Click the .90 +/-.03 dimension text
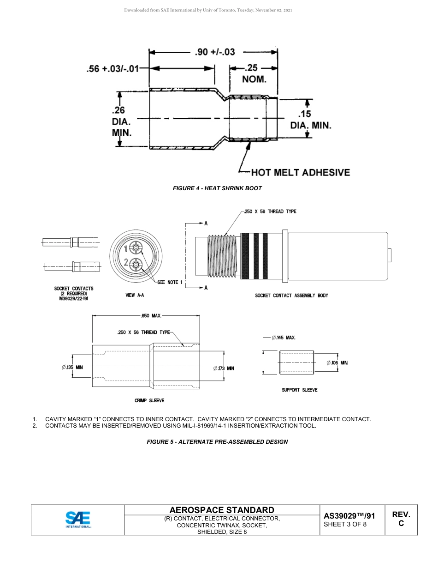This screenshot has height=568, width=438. click(x=215, y=52)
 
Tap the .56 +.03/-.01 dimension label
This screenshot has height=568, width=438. click(x=112, y=69)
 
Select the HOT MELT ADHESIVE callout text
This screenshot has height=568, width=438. click(x=300, y=173)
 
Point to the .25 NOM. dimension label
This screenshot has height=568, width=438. click(x=254, y=73)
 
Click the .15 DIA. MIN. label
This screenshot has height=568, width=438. click(x=310, y=120)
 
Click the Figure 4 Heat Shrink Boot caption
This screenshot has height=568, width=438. click(x=217, y=188)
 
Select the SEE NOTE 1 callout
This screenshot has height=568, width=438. click(x=170, y=282)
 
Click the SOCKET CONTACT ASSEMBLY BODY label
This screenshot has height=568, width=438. click(x=291, y=296)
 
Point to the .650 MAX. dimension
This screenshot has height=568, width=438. click(x=151, y=316)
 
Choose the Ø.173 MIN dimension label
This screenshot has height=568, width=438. click(x=224, y=369)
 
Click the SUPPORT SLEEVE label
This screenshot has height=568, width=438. click(x=300, y=390)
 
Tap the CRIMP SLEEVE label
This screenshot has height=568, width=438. click(x=149, y=400)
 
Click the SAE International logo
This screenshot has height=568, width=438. click(x=78, y=520)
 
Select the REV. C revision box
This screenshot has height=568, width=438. click(x=401, y=519)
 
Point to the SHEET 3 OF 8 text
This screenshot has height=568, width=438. click(x=345, y=524)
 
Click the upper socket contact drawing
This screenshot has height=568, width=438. click(x=70, y=241)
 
